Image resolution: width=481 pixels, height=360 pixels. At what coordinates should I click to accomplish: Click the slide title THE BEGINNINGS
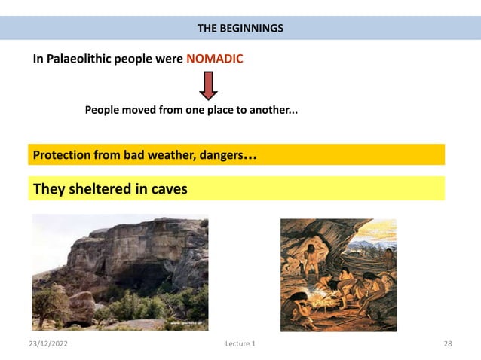point(240,29)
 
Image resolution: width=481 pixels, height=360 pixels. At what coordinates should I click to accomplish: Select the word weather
point(170,156)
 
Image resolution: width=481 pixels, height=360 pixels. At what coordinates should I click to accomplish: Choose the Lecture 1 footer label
point(240,344)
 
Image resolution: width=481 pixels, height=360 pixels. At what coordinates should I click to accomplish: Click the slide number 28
point(447,344)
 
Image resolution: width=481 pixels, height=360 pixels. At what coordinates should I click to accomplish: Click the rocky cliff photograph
point(120,272)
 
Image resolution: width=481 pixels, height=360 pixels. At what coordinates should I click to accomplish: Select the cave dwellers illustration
point(338,274)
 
